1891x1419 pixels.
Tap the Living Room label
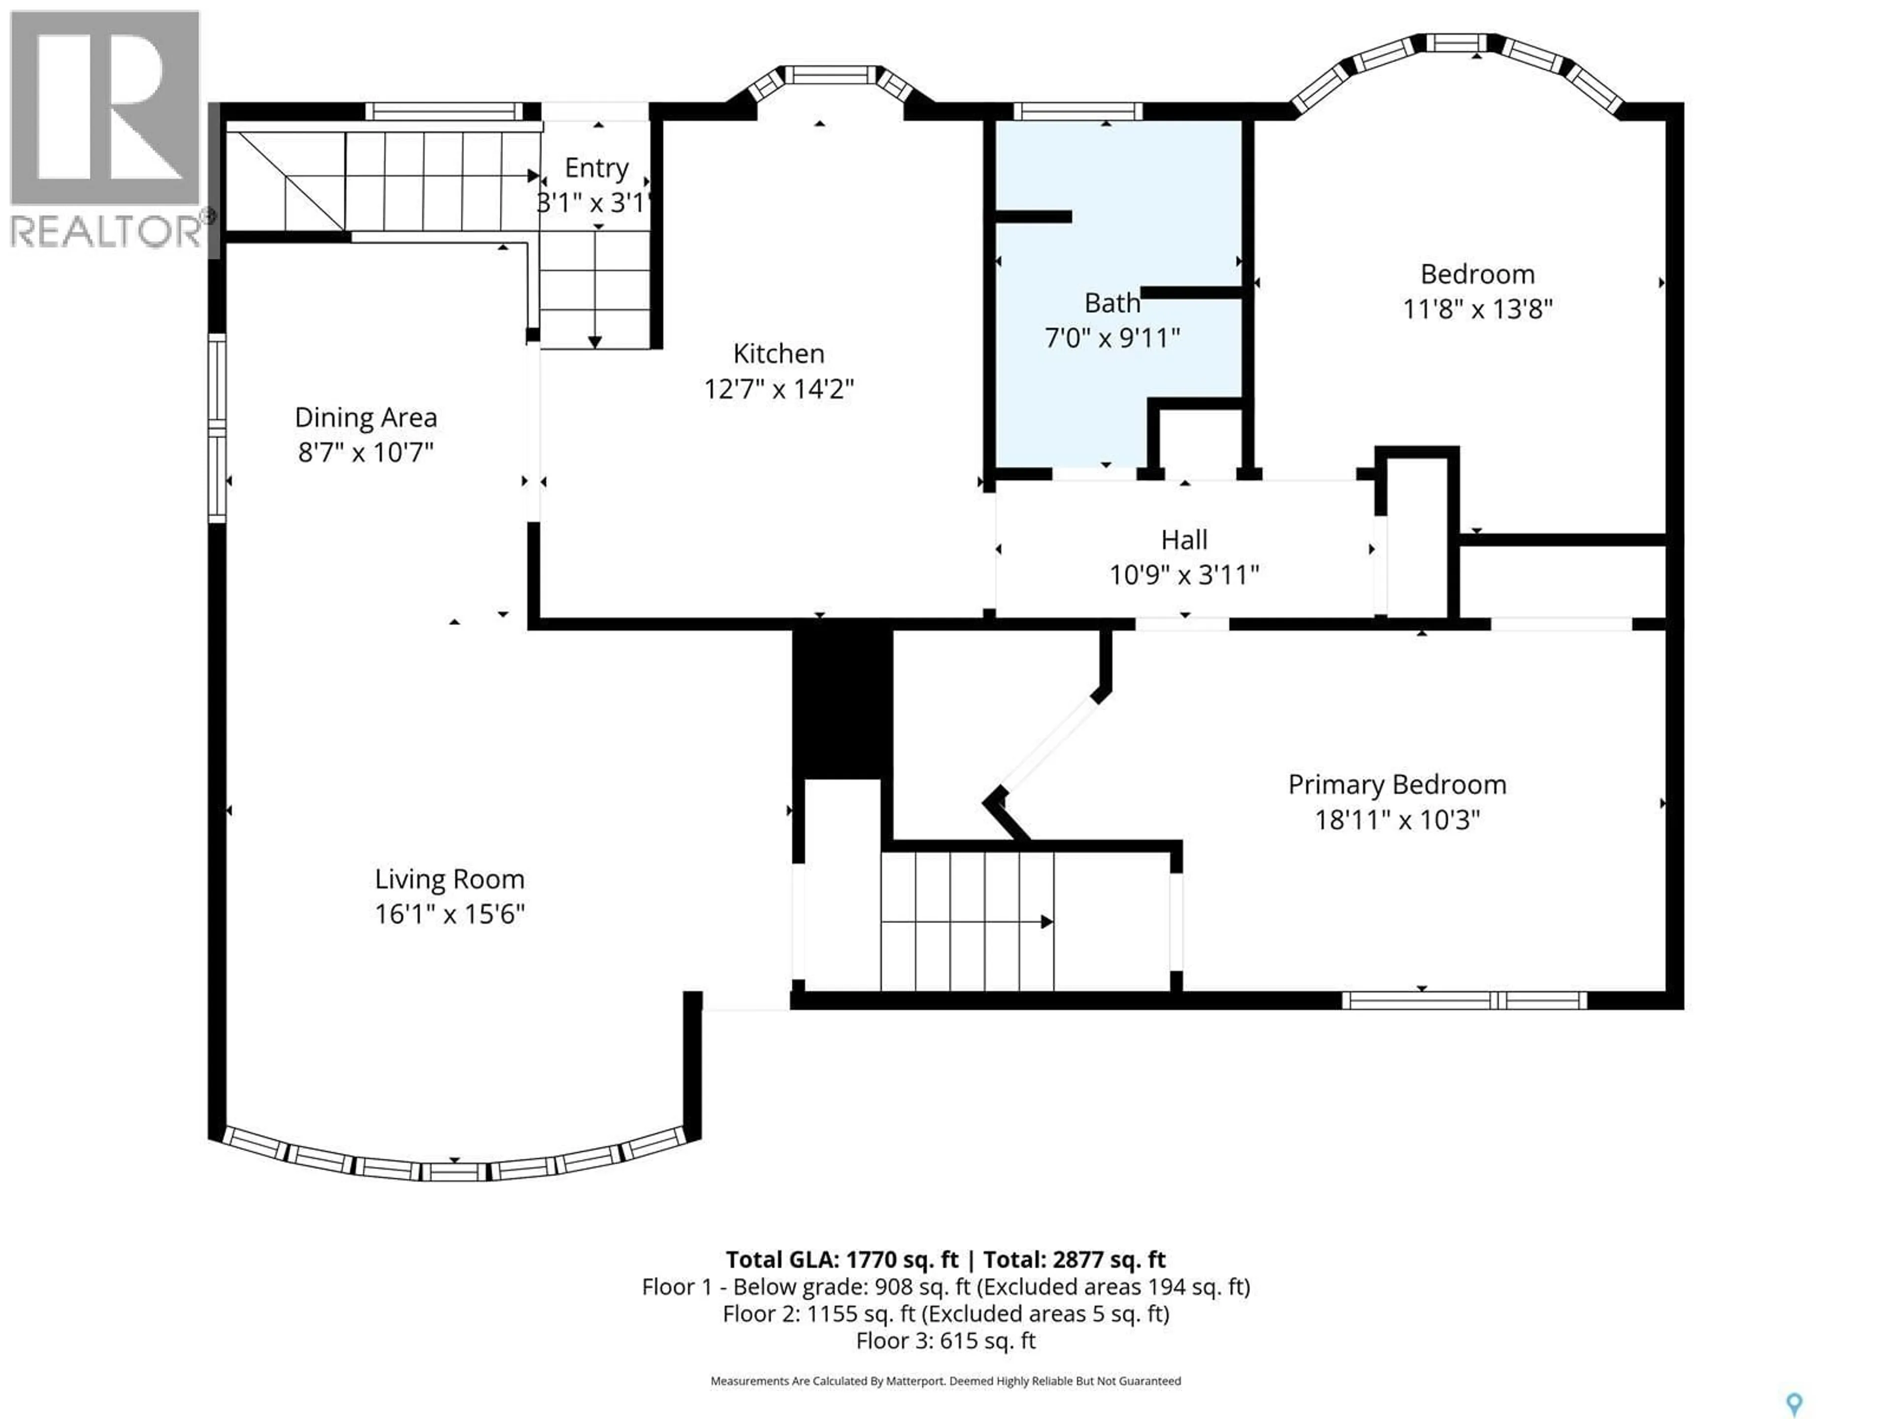pyautogui.click(x=450, y=879)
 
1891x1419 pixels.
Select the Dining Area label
pyautogui.click(x=366, y=417)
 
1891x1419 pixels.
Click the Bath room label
pyautogui.click(x=1112, y=303)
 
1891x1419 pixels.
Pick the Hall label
pyautogui.click(x=1184, y=540)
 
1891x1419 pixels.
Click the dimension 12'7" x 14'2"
pyautogui.click(x=779, y=389)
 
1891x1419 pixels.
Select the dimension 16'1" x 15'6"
pyautogui.click(x=450, y=914)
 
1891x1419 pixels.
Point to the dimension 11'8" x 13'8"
pyautogui.click(x=1477, y=309)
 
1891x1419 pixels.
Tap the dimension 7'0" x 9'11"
pyautogui.click(x=1112, y=338)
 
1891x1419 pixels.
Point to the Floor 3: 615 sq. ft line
pyautogui.click(x=945, y=1340)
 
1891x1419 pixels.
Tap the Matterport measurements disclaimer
pyautogui.click(x=945, y=1381)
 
